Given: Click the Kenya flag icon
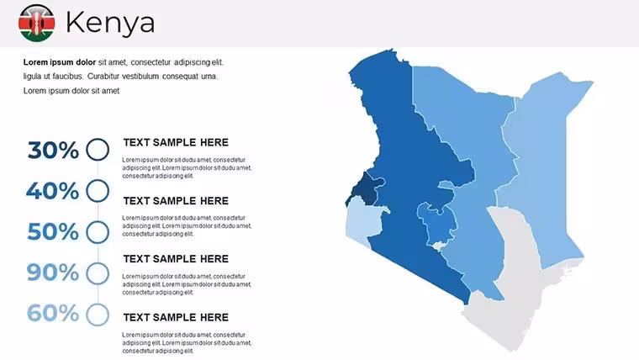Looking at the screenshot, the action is click(37, 23).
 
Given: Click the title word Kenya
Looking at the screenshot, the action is click(110, 23).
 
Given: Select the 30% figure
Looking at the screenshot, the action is click(53, 150).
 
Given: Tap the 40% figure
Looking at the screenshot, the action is click(53, 191).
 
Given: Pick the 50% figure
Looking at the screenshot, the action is click(53, 231).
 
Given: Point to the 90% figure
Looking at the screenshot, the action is click(53, 273).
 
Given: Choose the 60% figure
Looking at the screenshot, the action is click(53, 313).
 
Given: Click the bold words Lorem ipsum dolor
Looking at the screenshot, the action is click(60, 62).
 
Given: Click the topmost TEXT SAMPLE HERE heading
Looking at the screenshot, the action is click(176, 142).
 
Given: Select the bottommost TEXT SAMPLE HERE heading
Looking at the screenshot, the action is click(176, 317).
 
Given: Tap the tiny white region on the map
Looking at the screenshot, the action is click(439, 246).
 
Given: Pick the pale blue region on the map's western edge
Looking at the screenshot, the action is click(362, 222).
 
